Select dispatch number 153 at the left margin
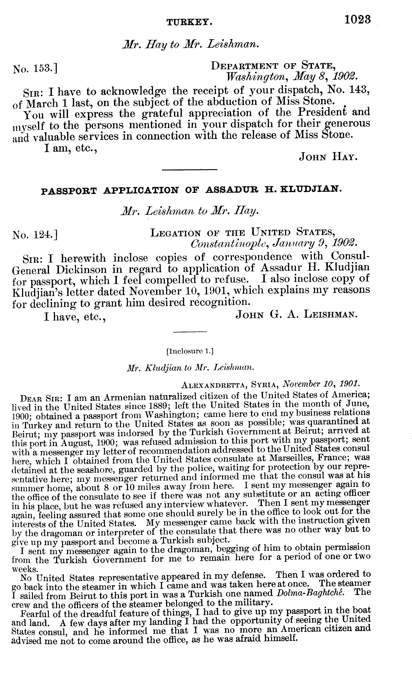[35, 68]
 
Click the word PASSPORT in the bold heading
[69, 191]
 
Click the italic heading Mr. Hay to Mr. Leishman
[191, 44]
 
